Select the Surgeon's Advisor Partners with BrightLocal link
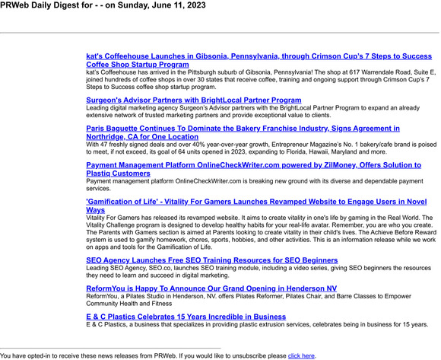(193, 100)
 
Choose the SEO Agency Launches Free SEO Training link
(211, 260)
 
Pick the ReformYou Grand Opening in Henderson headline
(211, 288)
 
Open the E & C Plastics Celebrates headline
(186, 316)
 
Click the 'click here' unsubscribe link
(301, 355)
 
